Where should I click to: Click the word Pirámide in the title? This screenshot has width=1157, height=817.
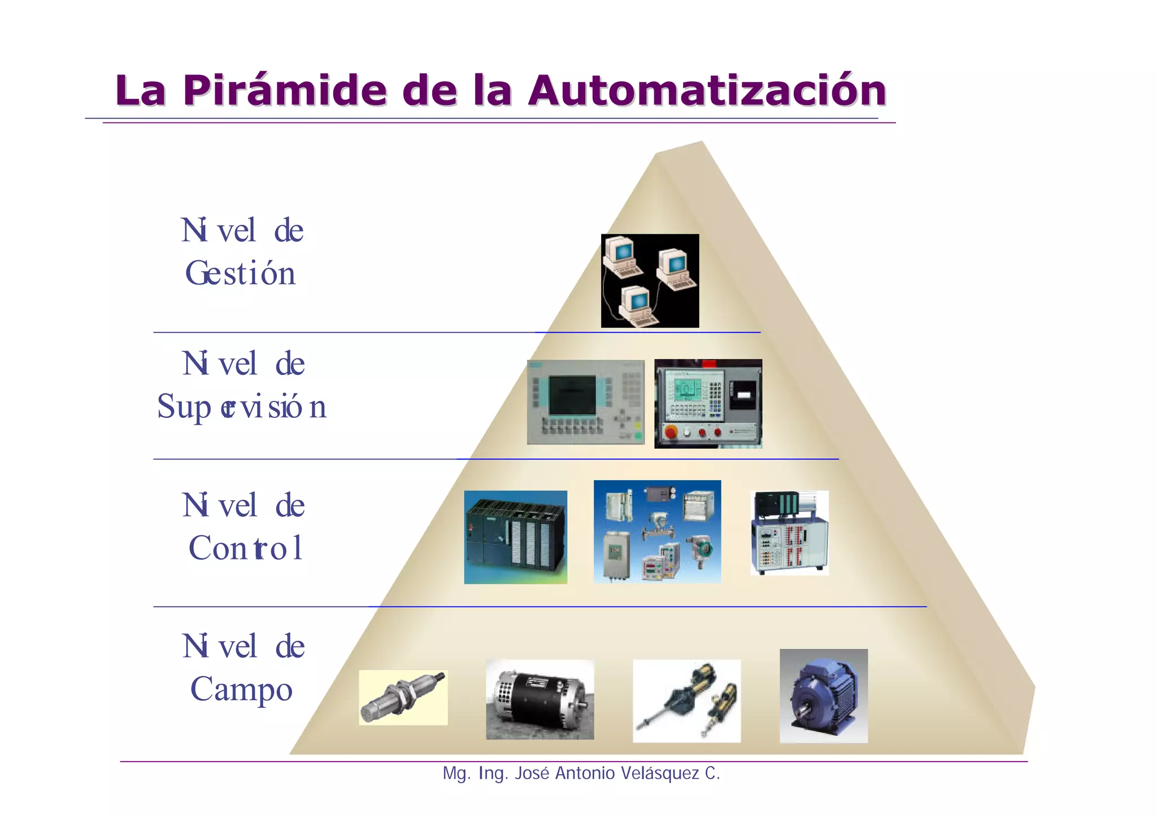pos(284,90)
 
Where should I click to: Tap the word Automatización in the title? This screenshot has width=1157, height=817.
pos(707,90)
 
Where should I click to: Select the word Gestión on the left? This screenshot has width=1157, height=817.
pos(241,273)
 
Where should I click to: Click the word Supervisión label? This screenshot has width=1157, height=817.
pos(242,407)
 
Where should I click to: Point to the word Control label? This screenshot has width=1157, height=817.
pos(246,548)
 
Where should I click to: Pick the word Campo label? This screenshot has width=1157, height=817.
pos(242,689)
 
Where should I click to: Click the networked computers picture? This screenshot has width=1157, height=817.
pos(650,281)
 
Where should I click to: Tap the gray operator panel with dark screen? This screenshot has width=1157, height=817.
pos(586,402)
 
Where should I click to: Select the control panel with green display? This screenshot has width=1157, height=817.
pos(708,404)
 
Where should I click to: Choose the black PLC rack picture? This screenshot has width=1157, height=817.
pos(515,537)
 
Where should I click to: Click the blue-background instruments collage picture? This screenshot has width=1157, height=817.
pos(657,531)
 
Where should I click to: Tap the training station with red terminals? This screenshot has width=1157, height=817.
pos(789,533)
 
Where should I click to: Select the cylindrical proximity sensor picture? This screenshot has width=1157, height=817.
pos(403,698)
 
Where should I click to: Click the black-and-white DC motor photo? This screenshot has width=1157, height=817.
pos(540,700)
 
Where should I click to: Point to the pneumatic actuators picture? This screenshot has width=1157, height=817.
pos(686,701)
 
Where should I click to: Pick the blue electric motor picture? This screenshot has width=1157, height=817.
pos(824,696)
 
